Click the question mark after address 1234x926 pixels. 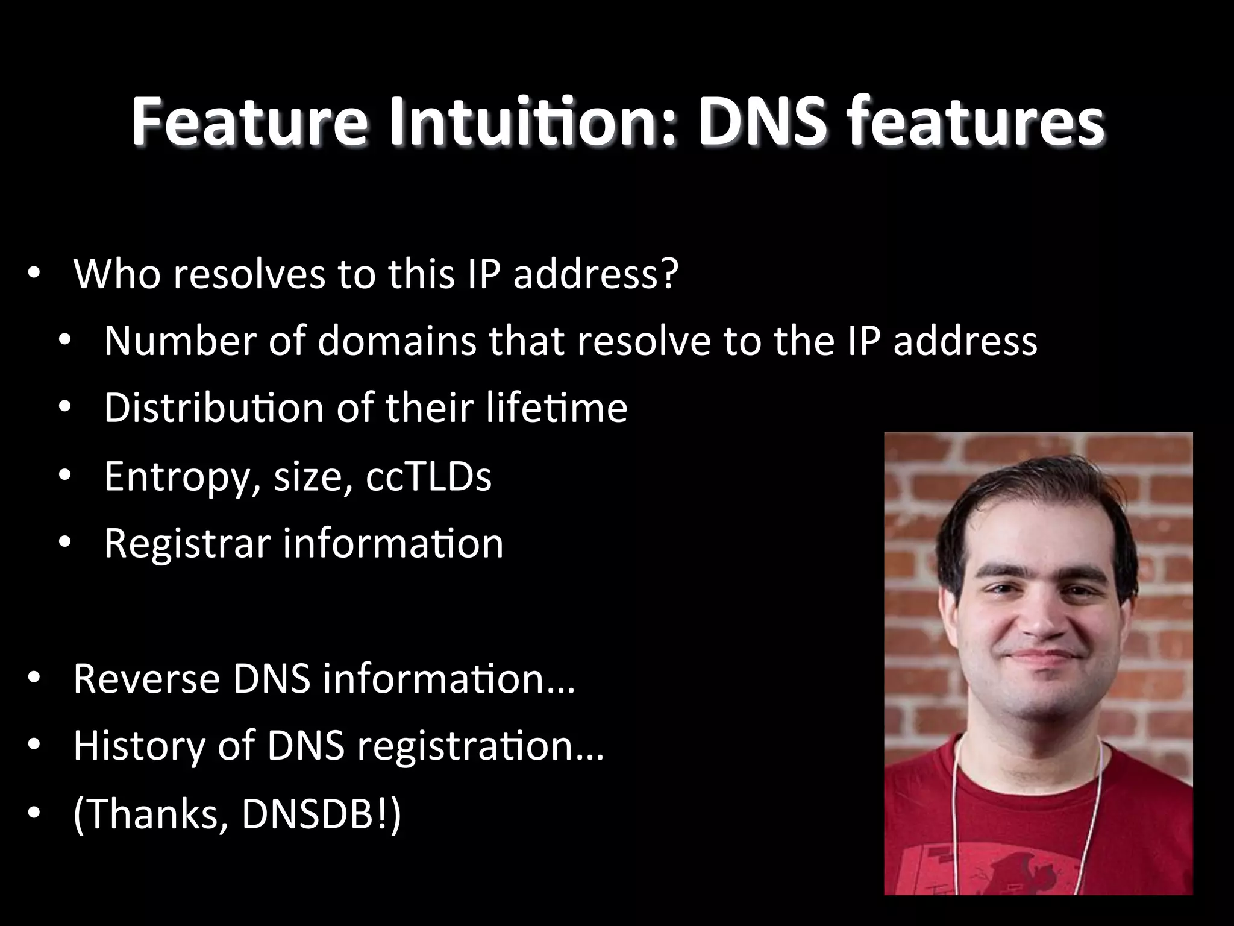click(x=669, y=274)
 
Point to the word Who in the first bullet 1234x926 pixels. click(x=117, y=274)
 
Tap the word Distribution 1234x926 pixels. click(x=215, y=408)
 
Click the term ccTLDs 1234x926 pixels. click(x=428, y=476)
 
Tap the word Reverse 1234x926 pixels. click(x=146, y=679)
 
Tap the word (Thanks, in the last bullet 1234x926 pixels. click(x=151, y=814)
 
